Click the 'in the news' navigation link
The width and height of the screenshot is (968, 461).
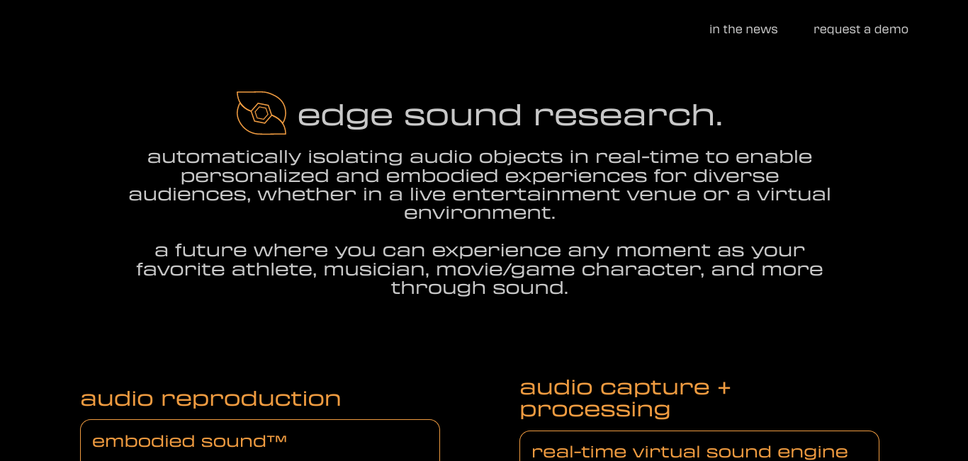[743, 29]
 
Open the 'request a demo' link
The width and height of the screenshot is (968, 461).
[861, 29]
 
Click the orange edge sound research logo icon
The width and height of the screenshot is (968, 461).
[261, 113]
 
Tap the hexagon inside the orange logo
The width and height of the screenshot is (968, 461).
[261, 113]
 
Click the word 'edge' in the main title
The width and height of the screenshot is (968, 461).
[345, 115]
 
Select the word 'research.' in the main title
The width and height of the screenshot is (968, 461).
[629, 115]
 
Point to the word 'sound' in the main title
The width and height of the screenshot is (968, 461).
[463, 115]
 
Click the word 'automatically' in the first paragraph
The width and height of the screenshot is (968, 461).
[224, 157]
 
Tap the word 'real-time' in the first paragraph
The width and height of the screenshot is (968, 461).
[647, 156]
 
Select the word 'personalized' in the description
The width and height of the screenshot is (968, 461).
[255, 176]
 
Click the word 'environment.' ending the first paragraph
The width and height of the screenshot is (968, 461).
[480, 213]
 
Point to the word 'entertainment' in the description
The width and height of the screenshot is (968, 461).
[536, 194]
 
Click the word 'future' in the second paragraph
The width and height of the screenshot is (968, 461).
[211, 251]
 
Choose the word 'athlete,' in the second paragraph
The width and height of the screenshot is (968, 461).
[274, 270]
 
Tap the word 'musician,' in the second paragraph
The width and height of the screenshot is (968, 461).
[376, 270]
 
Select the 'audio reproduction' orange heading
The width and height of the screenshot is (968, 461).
[210, 399]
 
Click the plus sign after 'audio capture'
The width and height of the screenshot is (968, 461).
[724, 387]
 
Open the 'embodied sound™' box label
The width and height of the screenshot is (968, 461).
[189, 441]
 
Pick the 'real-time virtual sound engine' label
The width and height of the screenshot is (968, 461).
[690, 452]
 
